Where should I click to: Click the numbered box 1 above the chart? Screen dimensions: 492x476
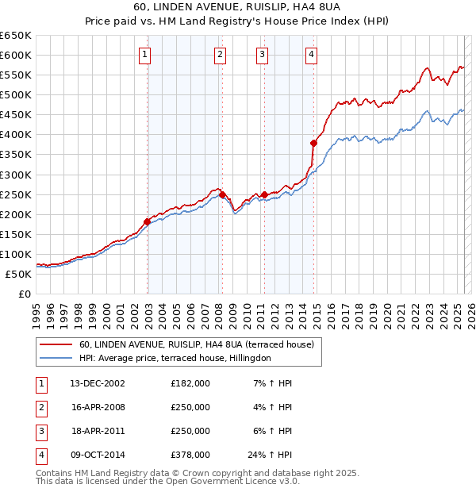[146, 55]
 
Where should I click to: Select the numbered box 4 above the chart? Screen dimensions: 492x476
[312, 55]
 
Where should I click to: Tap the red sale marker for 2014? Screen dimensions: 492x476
[313, 143]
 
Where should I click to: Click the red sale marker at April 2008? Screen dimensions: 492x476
[222, 194]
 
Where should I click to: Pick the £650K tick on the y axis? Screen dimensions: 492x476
[16, 36]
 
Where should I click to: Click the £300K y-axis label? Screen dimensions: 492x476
[16, 175]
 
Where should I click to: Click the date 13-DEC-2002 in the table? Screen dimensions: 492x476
[98, 383]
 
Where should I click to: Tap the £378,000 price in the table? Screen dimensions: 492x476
[190, 455]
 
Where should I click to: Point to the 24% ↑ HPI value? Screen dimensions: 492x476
[270, 455]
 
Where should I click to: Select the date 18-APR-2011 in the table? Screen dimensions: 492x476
[98, 431]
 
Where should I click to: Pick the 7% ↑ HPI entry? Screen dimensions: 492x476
[272, 383]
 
